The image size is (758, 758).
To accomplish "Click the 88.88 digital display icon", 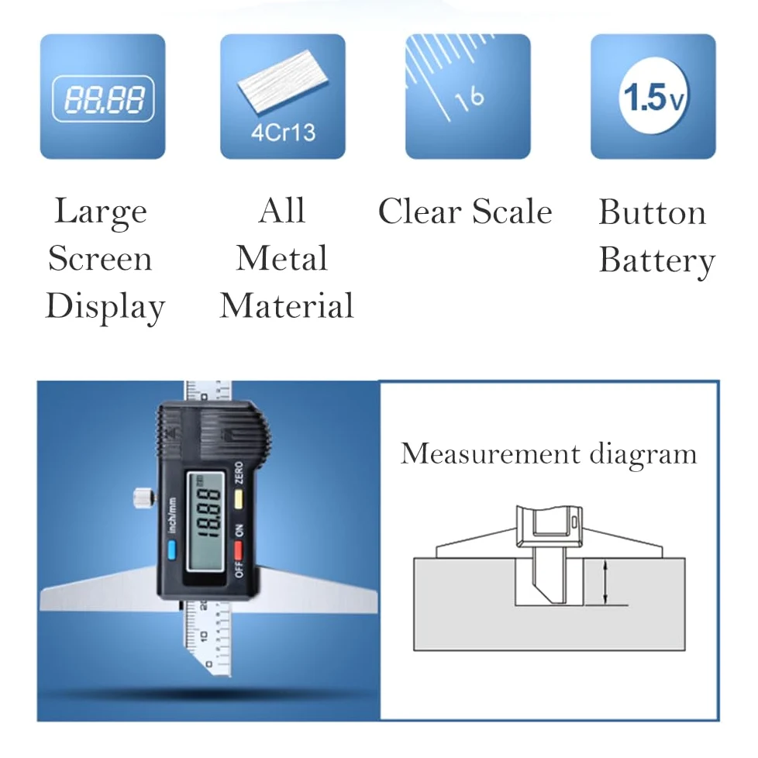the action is [103, 98].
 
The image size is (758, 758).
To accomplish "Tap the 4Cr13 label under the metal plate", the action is [284, 133].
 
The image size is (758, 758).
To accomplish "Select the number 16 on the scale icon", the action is [469, 99].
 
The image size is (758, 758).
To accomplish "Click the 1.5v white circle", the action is [653, 96].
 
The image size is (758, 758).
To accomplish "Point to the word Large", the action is [101, 212].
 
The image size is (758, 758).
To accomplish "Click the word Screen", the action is [100, 258].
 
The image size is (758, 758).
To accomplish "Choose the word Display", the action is [105, 306].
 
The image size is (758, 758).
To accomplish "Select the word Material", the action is [287, 305].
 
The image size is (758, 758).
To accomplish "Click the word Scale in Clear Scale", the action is [512, 212].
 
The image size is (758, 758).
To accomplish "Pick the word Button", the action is [652, 212].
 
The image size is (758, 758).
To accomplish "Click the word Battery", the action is [657, 261].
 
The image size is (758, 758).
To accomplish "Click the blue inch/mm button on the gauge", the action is [171, 550].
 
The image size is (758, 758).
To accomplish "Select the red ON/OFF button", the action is [238, 550].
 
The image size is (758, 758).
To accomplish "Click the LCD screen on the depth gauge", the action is [206, 521].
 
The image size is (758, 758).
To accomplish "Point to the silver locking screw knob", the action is [143, 498].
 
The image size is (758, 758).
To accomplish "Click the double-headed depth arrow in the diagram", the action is [605, 582].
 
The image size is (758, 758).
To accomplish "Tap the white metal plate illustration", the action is [283, 81].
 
